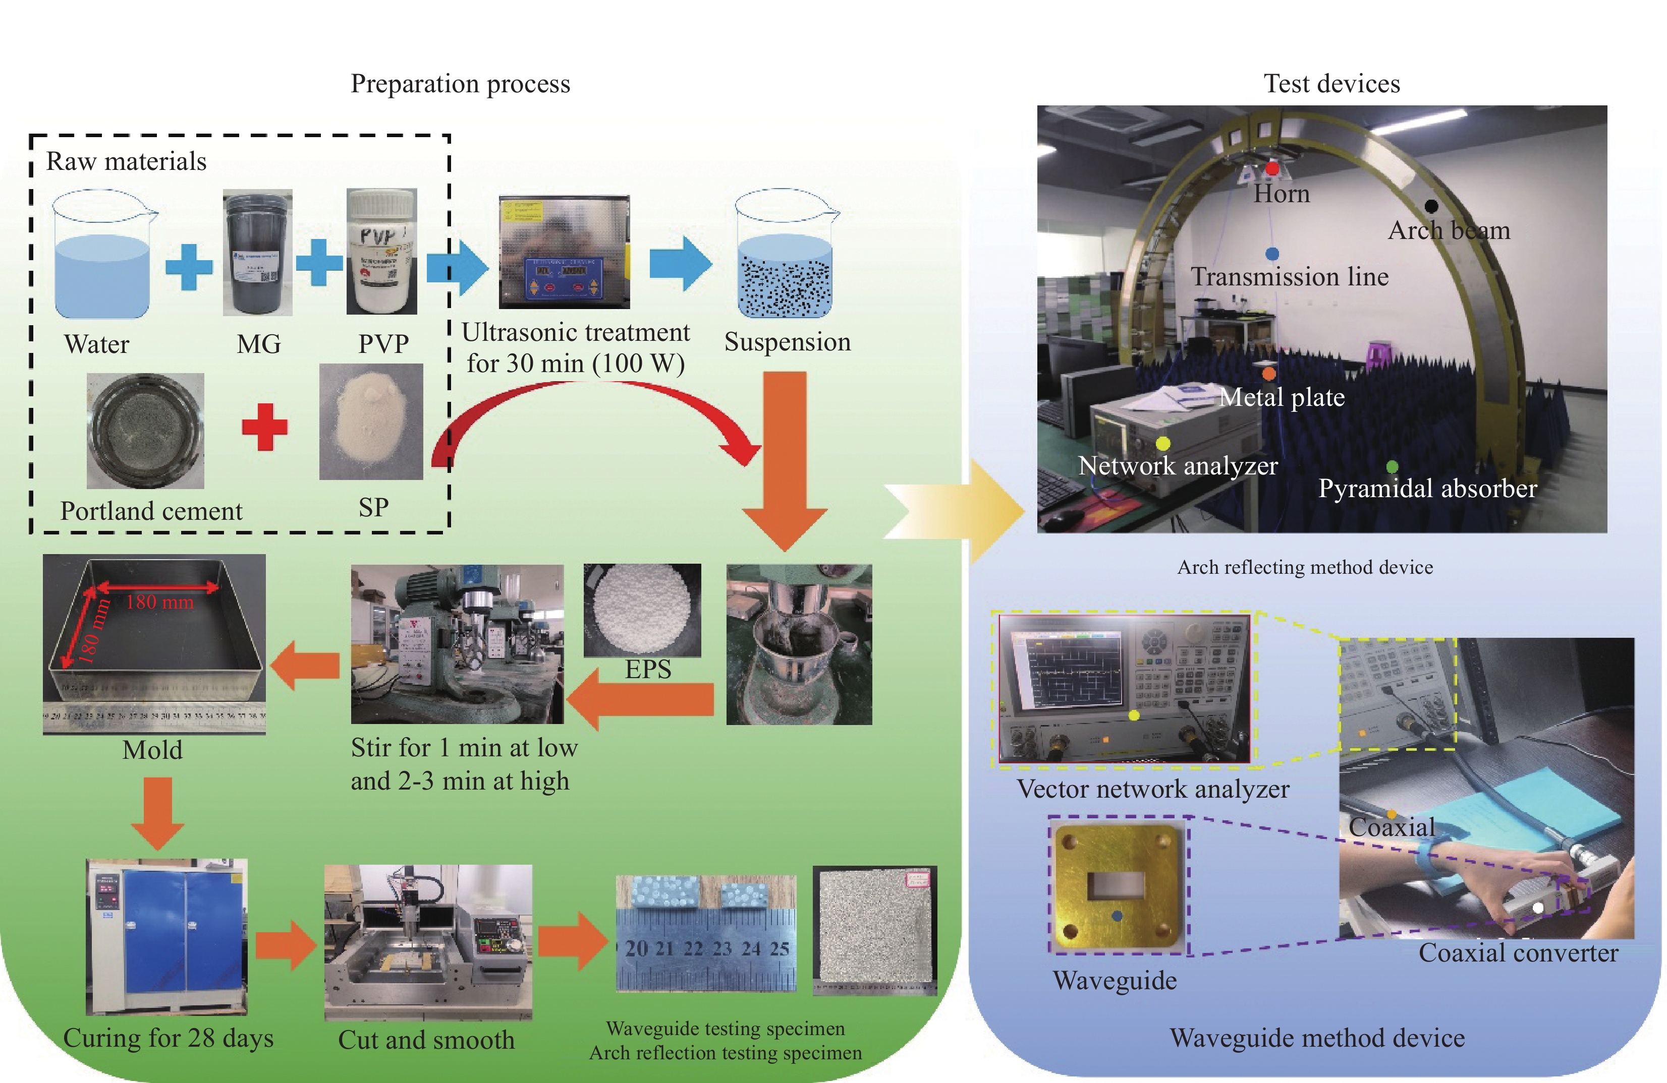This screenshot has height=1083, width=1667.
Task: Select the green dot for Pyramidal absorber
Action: click(1392, 466)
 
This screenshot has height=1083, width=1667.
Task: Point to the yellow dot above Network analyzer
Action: click(1162, 443)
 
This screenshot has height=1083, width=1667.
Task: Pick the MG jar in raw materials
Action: click(257, 254)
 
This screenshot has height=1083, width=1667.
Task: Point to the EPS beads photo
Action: click(642, 610)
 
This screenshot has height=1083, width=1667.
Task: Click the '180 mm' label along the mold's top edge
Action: click(160, 601)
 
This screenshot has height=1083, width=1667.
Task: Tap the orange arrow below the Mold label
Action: click(157, 812)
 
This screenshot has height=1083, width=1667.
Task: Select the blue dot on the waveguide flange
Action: click(1117, 916)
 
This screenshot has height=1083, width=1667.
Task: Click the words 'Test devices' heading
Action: click(1331, 83)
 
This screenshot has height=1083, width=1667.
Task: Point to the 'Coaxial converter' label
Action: click(1518, 953)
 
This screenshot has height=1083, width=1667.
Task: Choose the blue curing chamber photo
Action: click(166, 937)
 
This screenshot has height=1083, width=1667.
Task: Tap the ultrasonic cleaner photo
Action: click(564, 252)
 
